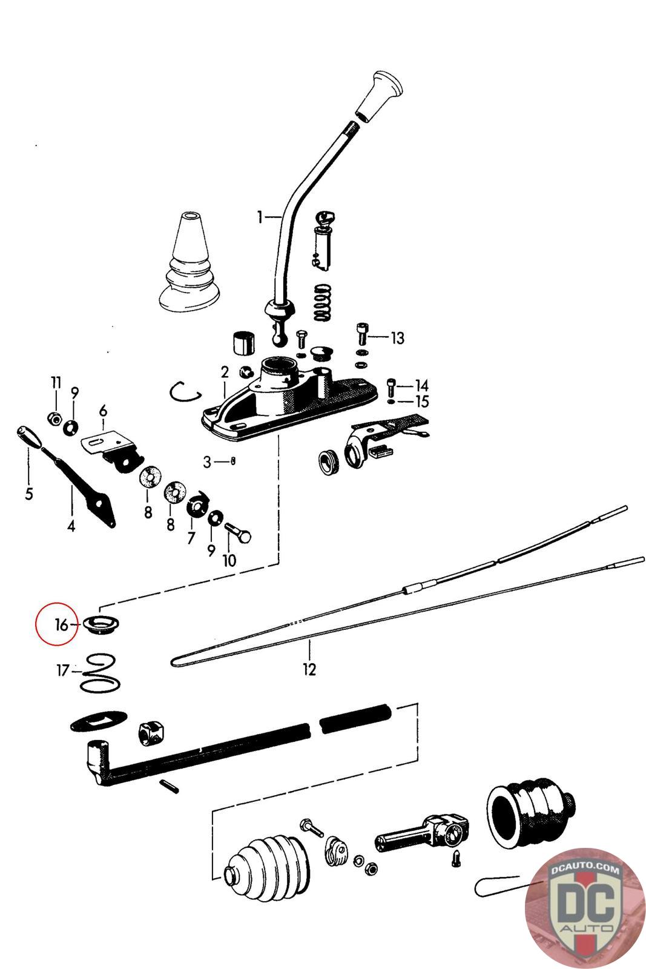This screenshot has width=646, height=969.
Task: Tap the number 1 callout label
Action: [x=260, y=216]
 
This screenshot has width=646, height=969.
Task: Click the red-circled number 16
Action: [x=61, y=624]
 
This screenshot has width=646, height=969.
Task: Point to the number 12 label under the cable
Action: [x=309, y=669]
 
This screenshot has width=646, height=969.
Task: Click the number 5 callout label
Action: [x=29, y=494]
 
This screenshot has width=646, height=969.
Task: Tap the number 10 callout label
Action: [x=229, y=560]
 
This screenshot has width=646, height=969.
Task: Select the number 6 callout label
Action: [x=103, y=411]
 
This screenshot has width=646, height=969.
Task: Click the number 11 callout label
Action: [x=56, y=382]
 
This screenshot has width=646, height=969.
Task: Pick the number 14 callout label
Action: [x=421, y=385]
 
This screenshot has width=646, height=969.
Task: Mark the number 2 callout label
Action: [x=225, y=372]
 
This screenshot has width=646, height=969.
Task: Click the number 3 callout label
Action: [x=208, y=462]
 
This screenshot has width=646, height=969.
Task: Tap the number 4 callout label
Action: [x=71, y=526]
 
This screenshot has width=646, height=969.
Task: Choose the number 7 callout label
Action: [x=191, y=537]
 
